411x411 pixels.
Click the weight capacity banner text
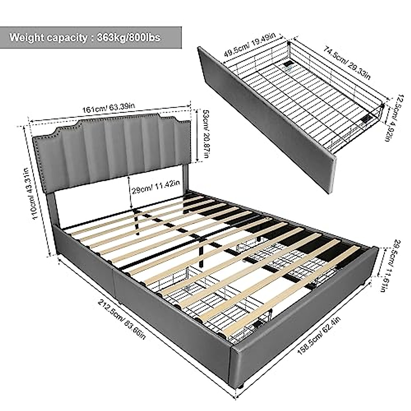pos(85,37)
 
